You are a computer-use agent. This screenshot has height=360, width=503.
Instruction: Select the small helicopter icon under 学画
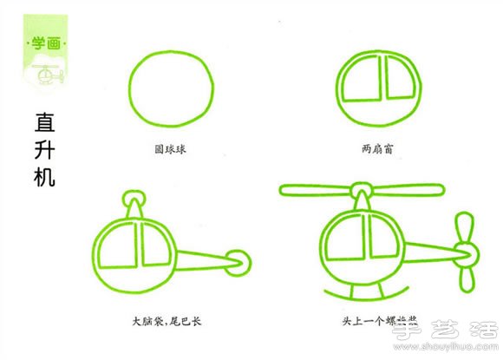(x=48, y=75)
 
